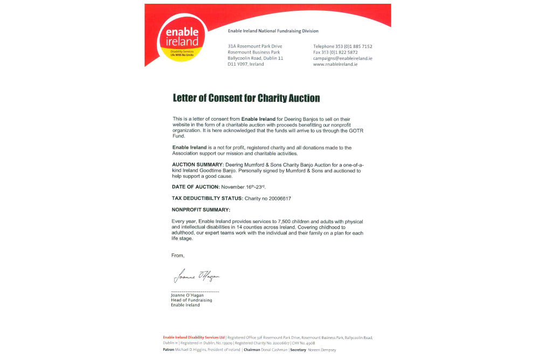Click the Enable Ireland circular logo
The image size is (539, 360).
coord(181,38)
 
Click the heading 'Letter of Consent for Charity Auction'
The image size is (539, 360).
coord(246,98)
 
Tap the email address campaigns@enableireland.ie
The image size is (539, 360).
coord(342,58)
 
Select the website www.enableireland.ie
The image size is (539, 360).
coord(335,64)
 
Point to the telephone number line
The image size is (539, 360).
coord(342,46)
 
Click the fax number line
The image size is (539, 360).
coord(335,52)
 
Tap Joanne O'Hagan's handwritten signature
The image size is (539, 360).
coord(196,277)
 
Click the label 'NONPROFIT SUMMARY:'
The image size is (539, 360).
coord(201,209)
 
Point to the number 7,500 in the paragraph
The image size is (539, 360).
coord(289,221)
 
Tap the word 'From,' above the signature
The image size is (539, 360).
coord(178,255)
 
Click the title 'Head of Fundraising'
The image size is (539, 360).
coord(191,300)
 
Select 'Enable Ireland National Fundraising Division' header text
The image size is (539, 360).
coord(273,31)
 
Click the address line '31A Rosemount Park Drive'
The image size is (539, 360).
coord(254,46)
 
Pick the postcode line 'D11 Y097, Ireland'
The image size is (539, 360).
coord(246,64)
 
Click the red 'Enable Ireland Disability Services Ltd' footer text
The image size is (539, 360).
coord(194,337)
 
